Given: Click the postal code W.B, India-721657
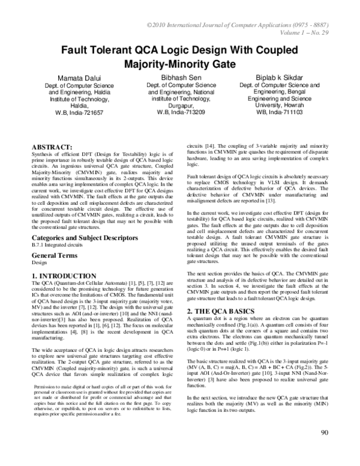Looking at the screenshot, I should click(80, 112).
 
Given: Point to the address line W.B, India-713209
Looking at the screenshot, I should click(181, 112).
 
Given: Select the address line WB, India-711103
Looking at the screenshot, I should click(280, 112).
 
